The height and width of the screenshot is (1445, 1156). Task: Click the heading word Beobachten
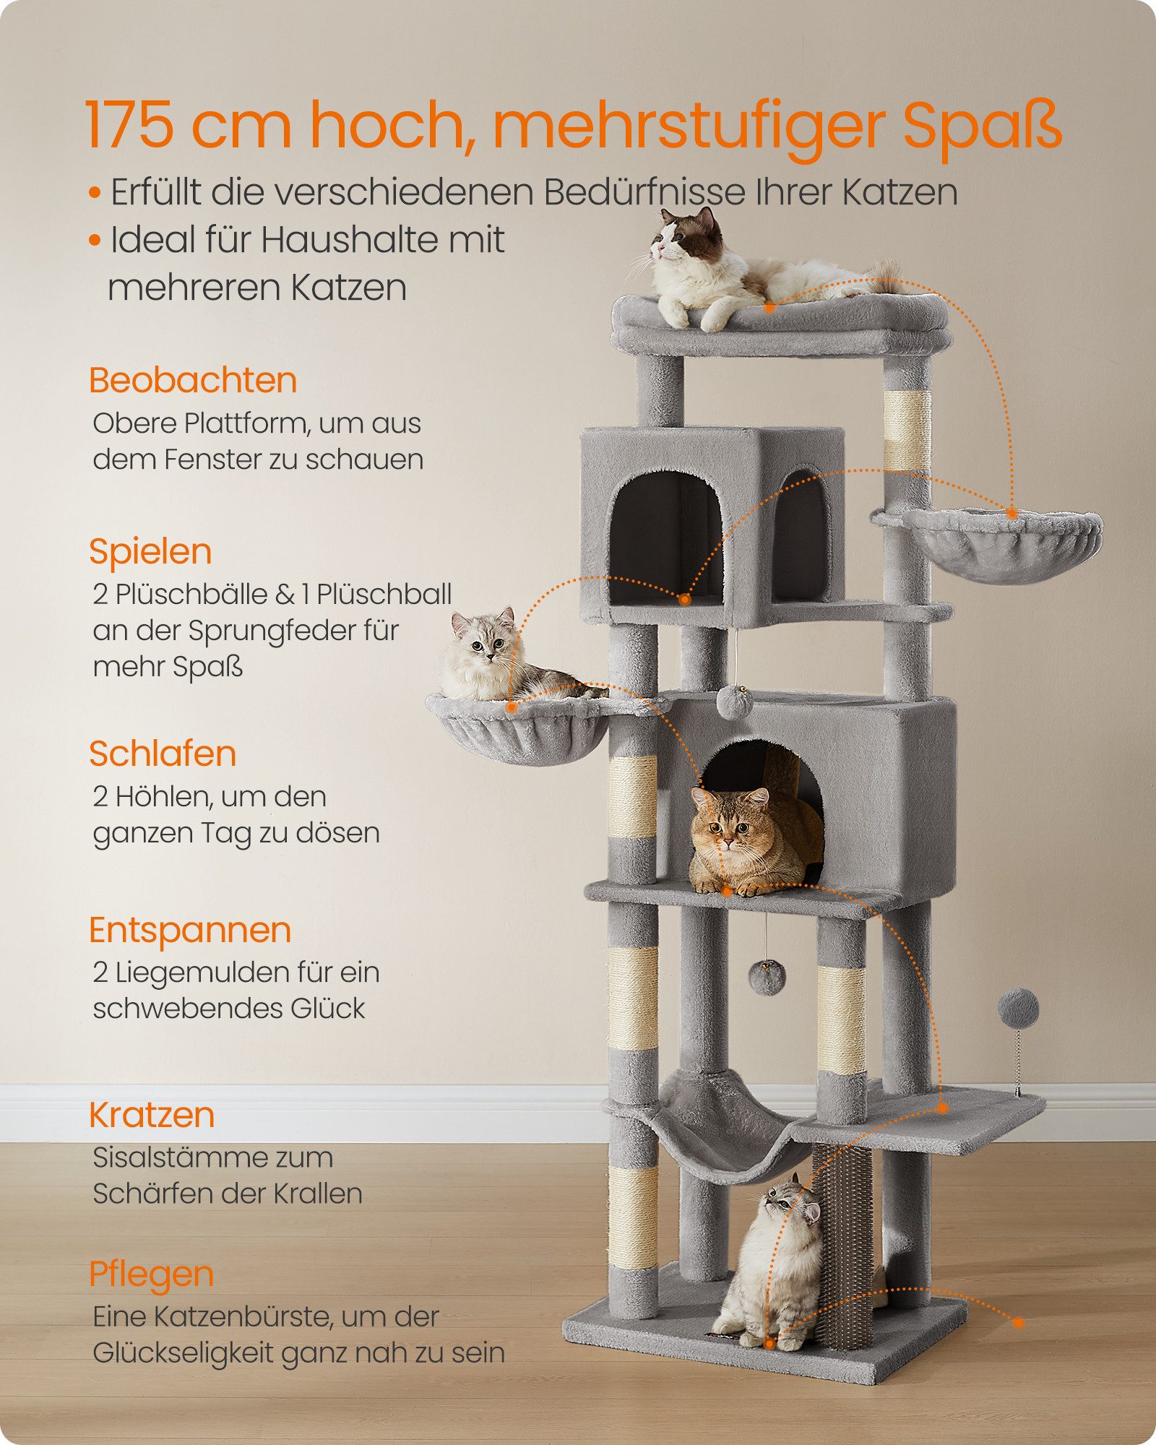[193, 380]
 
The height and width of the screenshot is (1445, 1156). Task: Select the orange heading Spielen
[150, 551]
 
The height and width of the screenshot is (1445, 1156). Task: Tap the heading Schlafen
[163, 754]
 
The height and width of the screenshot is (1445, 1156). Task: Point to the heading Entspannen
[189, 930]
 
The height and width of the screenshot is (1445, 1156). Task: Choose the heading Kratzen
[152, 1115]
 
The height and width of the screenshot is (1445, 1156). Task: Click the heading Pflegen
[151, 1274]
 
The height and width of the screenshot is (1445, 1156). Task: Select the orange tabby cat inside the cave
[751, 842]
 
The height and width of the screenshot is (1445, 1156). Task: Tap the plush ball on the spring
[1018, 1008]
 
